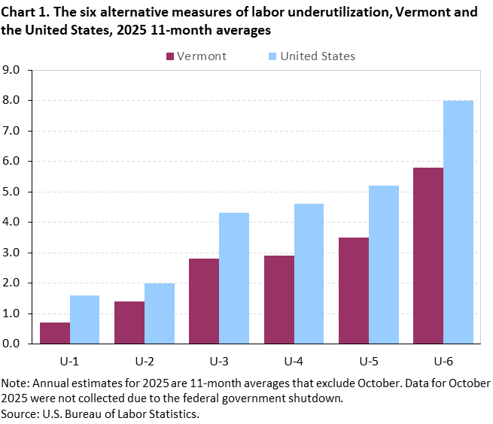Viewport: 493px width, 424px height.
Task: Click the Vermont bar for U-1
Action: click(54, 333)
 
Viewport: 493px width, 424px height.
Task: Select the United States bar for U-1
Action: click(84, 320)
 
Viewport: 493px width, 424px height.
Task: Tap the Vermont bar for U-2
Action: click(129, 323)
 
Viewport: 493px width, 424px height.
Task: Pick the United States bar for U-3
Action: click(234, 278)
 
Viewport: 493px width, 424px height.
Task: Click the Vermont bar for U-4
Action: click(279, 299)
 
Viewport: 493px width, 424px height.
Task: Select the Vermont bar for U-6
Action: click(429, 256)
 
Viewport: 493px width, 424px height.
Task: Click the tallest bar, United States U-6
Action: click(458, 222)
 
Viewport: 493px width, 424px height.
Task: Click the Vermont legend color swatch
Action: click(169, 56)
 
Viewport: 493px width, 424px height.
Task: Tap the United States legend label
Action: click(318, 56)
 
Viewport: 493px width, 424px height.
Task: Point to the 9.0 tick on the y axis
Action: click(17, 70)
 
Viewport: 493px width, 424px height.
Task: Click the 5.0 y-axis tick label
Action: click(17, 192)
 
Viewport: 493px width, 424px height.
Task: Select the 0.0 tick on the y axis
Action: click(17, 344)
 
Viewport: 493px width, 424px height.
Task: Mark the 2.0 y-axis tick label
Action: click(17, 283)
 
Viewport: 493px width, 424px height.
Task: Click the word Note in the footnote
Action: click(15, 383)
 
